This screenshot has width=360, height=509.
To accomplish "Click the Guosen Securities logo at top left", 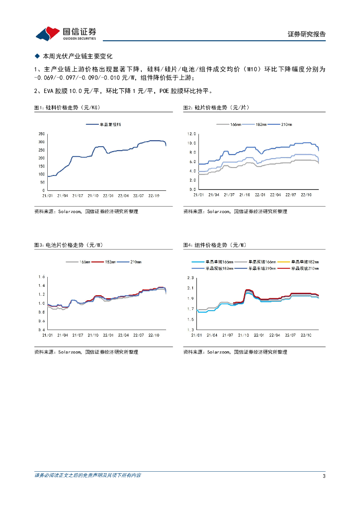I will [x=65, y=33].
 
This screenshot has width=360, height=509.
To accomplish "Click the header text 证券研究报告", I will [x=307, y=34].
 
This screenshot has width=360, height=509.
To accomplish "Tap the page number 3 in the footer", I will [x=324, y=476].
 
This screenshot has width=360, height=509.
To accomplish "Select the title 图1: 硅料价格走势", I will [x=68, y=107].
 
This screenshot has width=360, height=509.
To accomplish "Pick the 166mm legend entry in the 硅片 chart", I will [x=233, y=124].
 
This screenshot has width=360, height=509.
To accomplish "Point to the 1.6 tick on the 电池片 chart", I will [x=42, y=276].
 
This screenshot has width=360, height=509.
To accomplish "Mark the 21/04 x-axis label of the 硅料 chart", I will [x=64, y=196].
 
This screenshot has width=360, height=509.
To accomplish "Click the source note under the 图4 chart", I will [x=235, y=352].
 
